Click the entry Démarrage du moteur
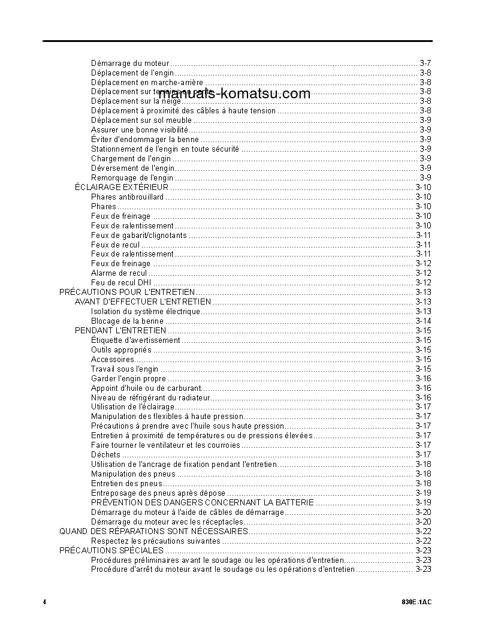(x=130, y=63)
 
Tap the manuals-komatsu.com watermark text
(x=234, y=94)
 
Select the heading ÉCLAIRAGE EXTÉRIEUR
(x=121, y=187)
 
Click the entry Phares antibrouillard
(x=127, y=197)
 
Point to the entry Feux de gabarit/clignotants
(x=138, y=235)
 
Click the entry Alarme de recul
(x=119, y=273)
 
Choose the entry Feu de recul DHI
(x=121, y=282)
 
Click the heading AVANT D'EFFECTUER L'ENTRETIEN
(x=143, y=302)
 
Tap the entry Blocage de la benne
(x=127, y=321)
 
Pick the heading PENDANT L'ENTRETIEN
(x=120, y=330)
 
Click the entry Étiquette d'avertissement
(x=135, y=340)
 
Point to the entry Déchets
(x=105, y=454)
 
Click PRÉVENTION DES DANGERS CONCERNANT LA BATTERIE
(x=202, y=502)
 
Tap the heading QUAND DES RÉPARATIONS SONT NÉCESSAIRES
(x=153, y=531)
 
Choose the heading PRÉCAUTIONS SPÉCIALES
(x=111, y=550)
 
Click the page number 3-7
(x=425, y=63)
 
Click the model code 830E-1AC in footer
(x=418, y=601)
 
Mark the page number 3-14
(x=423, y=321)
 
